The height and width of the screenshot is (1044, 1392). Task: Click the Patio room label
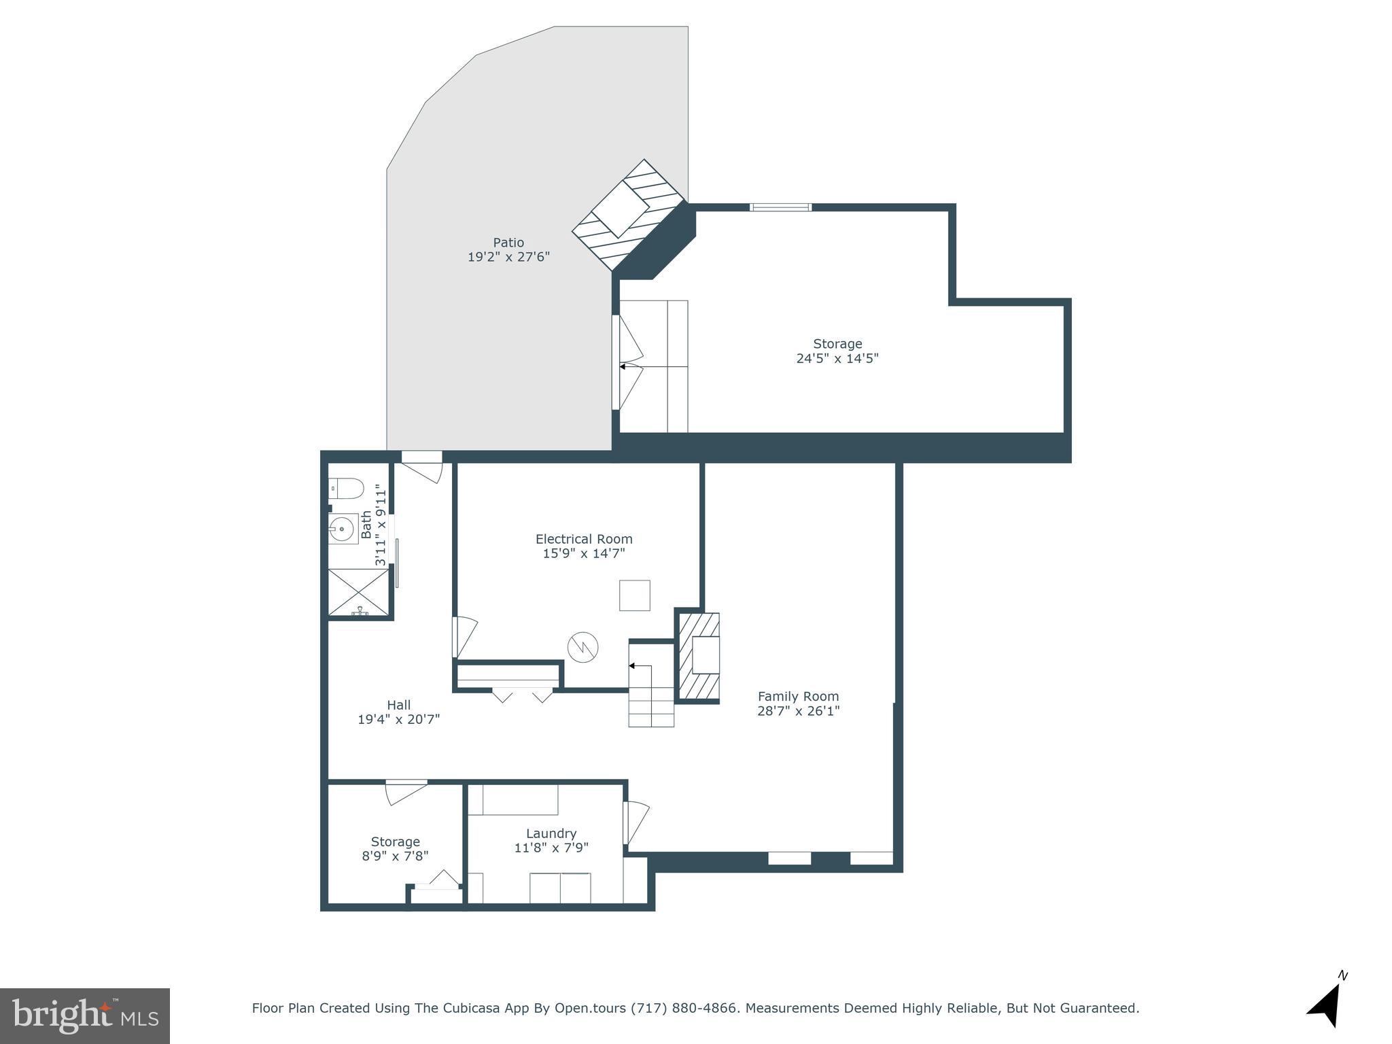(x=508, y=243)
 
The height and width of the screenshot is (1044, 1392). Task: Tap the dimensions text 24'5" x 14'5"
(x=837, y=358)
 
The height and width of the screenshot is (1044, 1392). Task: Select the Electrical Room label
(x=584, y=539)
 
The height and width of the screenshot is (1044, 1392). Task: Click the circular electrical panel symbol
(x=583, y=648)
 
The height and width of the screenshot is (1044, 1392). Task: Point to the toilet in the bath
(x=347, y=488)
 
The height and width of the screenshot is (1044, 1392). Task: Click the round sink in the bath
(x=343, y=528)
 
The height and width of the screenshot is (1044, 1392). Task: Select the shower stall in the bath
(x=359, y=592)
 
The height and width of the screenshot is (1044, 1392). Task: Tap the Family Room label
(x=798, y=696)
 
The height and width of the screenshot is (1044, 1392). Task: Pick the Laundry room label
(x=551, y=833)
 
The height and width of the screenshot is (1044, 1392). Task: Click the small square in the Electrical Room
(x=634, y=595)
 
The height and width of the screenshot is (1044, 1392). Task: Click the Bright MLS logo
(x=84, y=1015)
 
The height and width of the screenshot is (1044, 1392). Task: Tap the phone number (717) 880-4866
(x=684, y=1008)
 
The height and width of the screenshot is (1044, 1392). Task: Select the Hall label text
(x=398, y=705)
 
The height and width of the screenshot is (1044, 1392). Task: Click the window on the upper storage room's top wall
(x=780, y=207)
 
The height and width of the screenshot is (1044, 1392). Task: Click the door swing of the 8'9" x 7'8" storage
(x=406, y=792)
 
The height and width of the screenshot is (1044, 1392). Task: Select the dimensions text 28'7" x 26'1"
(x=798, y=711)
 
